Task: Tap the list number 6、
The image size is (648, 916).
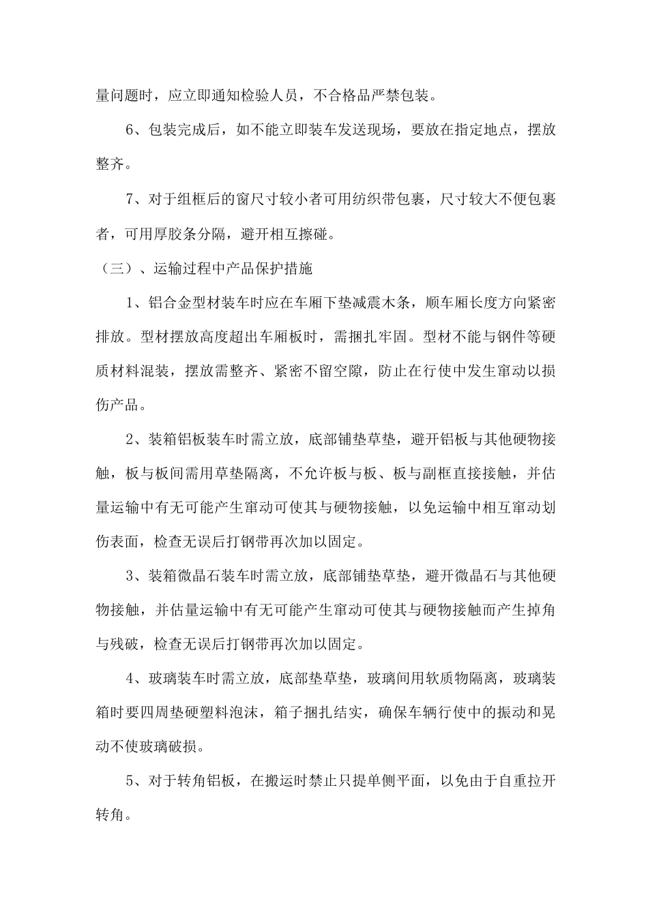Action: click(134, 129)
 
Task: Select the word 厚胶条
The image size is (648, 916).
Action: click(193, 234)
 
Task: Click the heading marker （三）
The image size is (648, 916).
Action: click(111, 269)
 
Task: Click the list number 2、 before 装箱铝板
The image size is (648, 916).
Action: click(134, 440)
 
